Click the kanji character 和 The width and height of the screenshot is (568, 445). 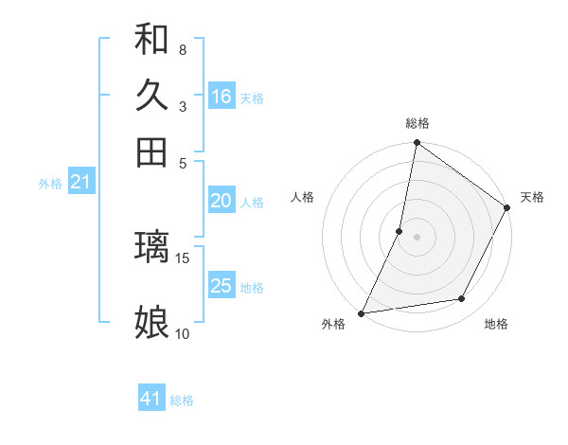tap(152, 39)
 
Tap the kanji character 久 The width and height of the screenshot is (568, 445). tap(152, 96)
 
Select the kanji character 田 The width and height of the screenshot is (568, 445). tap(152, 152)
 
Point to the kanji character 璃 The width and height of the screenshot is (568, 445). tap(152, 247)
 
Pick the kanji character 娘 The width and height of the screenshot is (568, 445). tap(152, 323)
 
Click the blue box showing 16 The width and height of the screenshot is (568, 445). tap(222, 97)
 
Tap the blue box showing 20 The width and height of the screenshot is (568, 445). tap(222, 201)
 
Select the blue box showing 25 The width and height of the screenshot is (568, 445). tap(222, 286)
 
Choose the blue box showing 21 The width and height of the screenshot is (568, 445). tap(80, 182)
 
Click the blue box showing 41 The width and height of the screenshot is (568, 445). tap(151, 399)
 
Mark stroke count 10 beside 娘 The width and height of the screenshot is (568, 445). tap(183, 333)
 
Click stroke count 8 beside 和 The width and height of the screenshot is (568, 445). tap(182, 49)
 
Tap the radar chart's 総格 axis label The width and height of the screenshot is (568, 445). tap(417, 123)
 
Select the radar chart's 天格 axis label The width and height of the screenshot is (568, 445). tap(532, 197)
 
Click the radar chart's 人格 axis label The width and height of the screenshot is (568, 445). tap(303, 197)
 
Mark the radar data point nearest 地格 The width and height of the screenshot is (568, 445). tap(462, 299)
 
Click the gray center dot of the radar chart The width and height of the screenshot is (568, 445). tap(417, 236)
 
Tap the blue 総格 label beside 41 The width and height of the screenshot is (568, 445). tap(182, 400)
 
